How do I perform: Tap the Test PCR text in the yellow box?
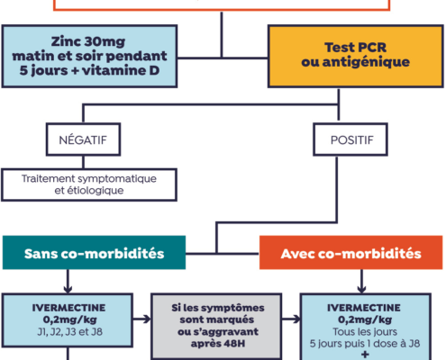[355, 48]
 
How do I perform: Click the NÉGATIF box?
[83, 139]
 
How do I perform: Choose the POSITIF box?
[350, 139]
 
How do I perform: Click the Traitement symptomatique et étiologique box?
[89, 184]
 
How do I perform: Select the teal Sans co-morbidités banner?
[94, 253]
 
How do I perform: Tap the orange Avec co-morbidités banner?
[350, 253]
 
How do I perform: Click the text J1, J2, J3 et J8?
[69, 332]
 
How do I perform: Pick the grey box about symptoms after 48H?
[216, 327]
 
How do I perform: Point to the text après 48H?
[218, 343]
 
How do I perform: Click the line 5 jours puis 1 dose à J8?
[365, 344]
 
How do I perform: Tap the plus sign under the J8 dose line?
[365, 355]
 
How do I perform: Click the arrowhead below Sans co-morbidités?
[68, 289]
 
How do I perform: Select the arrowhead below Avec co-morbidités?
[361, 289]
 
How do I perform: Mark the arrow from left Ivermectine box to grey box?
[141, 319]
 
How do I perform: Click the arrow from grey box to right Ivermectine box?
[291, 319]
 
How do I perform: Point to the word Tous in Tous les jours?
[343, 332]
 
